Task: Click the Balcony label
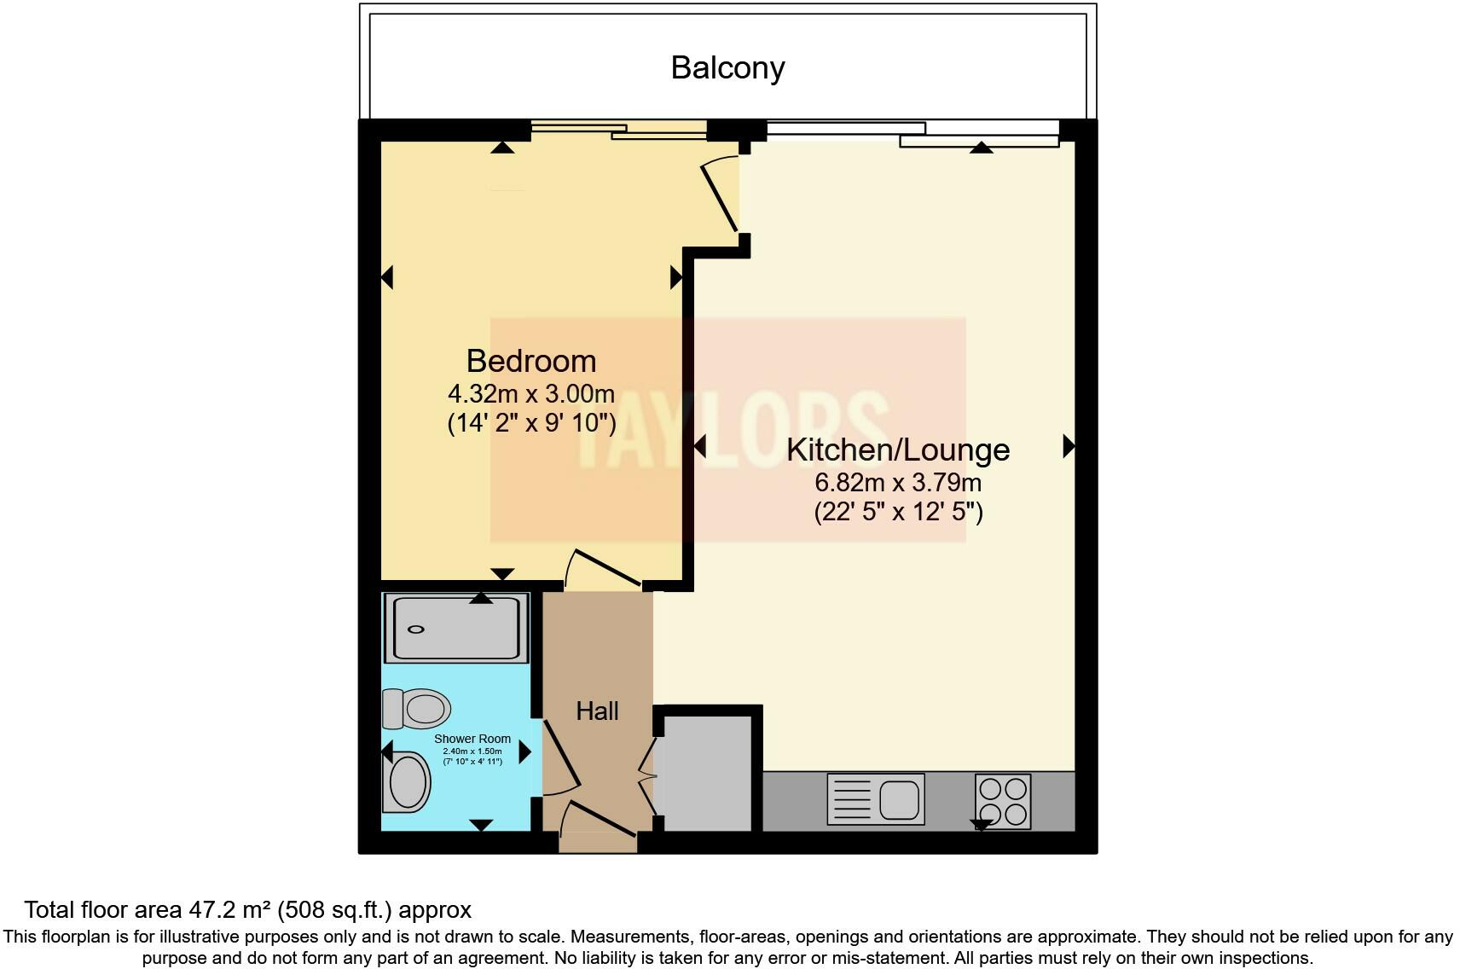pos(727,67)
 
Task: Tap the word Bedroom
pos(530,361)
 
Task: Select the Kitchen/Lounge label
pos(897,450)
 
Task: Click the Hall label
pos(597,711)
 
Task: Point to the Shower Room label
pos(472,739)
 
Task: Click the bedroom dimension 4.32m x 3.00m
pos(530,394)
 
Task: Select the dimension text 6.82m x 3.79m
pos(897,483)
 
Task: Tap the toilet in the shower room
pos(418,708)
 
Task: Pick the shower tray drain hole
pos(416,630)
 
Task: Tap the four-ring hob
pos(1003,801)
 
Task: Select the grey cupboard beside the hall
pos(707,772)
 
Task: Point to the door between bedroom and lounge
pos(721,196)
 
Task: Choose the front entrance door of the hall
pos(599,821)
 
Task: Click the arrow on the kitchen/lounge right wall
pos(1068,445)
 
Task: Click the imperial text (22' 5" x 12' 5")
pos(897,513)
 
